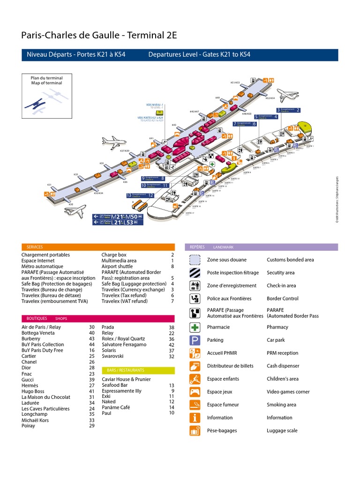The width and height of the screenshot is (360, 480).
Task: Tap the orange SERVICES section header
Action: [35, 247]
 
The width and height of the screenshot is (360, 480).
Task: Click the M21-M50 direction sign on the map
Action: [117, 217]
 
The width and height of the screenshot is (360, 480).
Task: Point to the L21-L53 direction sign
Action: [117, 223]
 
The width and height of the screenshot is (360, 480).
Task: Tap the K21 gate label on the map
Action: [49, 185]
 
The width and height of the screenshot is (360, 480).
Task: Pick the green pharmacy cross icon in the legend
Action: [195, 327]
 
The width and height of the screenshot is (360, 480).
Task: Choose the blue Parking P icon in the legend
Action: [195, 340]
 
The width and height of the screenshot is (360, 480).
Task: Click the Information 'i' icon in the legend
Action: [195, 418]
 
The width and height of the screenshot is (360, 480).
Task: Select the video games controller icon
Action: [195, 392]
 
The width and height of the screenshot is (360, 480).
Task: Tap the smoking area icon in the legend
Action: [195, 405]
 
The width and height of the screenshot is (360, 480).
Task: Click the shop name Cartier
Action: [29, 356]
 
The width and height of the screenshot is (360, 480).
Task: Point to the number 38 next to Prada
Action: [171, 327]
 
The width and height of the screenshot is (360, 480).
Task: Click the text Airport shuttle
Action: [117, 266]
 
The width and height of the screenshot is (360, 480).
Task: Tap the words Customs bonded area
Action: [290, 260]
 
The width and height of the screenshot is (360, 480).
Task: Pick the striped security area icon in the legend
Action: [195, 272]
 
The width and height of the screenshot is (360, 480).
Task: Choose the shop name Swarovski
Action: [112, 356]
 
